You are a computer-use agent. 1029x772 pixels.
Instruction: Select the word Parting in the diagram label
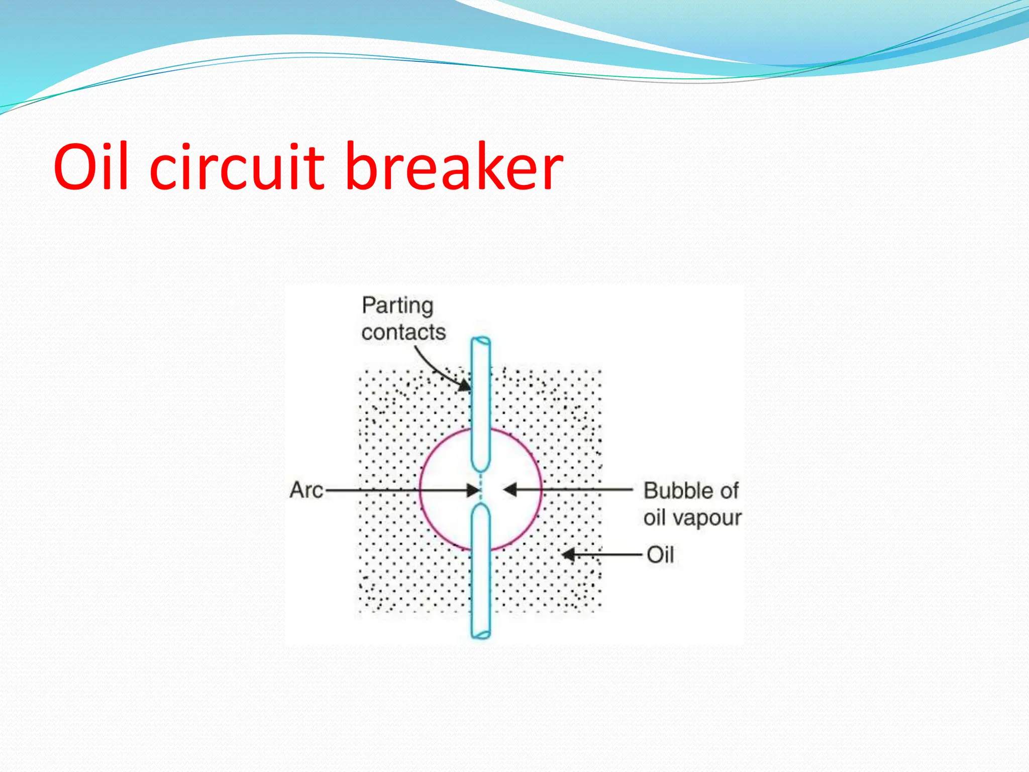point(397,306)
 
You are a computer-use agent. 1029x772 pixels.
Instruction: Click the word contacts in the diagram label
point(403,332)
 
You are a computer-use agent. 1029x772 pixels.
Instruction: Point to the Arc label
point(306,490)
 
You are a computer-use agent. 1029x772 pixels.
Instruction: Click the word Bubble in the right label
point(676,491)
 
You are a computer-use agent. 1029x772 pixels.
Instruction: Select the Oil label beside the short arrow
point(660,555)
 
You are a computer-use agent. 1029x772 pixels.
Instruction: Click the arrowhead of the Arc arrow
point(473,490)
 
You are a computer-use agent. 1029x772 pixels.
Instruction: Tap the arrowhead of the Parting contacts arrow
point(465,385)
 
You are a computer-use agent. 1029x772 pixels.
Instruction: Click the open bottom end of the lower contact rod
point(481,634)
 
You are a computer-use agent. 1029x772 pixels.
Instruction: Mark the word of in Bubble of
point(728,491)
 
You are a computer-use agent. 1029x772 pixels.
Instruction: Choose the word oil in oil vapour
point(655,518)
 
